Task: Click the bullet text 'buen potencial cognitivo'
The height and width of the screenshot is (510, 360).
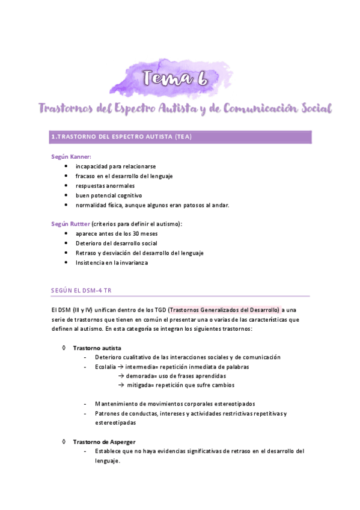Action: click(x=108, y=195)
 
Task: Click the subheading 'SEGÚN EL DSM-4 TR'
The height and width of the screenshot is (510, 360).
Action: click(x=82, y=290)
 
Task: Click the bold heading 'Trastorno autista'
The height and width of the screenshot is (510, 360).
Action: click(x=97, y=348)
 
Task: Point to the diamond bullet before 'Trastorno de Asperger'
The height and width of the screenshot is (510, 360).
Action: click(x=64, y=442)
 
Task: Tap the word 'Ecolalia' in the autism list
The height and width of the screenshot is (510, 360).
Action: click(x=105, y=366)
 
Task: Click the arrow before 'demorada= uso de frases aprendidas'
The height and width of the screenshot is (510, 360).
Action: click(x=121, y=376)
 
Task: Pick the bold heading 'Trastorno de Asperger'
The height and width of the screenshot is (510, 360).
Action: click(x=104, y=442)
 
